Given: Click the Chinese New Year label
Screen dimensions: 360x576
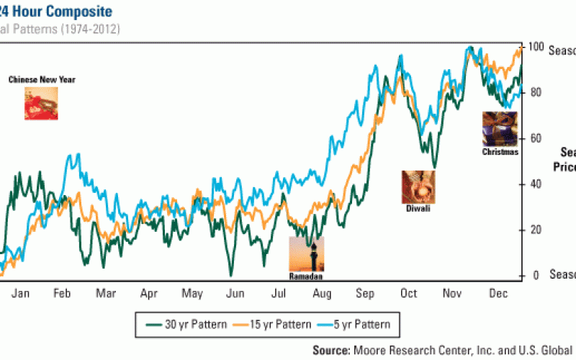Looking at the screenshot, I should pos(42,80).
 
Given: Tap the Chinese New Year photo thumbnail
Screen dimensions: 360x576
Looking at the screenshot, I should pos(41,103).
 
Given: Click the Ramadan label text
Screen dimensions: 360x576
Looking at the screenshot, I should pos(306,276).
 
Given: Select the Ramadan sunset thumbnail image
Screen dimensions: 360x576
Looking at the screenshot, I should pos(306,254).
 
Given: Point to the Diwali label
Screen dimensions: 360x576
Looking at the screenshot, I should pos(418,208).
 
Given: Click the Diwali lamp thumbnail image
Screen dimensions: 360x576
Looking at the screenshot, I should pos(418,186).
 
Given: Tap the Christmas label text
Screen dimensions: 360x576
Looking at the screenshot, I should pos(500,152).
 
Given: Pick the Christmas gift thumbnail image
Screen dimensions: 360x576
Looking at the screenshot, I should pos(499,130).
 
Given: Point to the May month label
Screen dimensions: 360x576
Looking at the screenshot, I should pos(192,294).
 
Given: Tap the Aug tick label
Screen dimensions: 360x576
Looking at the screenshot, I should pos(322,294).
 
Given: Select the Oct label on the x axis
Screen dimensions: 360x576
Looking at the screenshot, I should pos(409,294).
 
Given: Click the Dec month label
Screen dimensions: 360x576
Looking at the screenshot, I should pos(497,294).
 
